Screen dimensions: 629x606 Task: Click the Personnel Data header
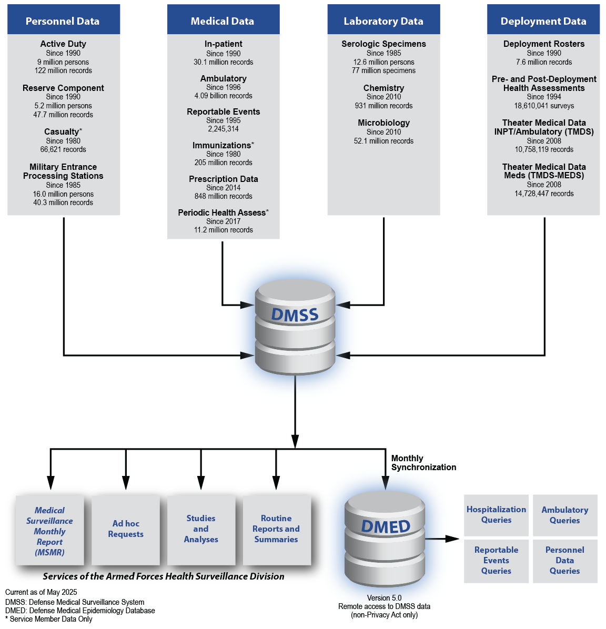pyautogui.click(x=63, y=21)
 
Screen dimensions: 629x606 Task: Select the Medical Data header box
pyautogui.click(x=223, y=21)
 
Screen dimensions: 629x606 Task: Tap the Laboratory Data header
pyautogui.click(x=383, y=21)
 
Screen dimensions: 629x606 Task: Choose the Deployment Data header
pyautogui.click(x=543, y=21)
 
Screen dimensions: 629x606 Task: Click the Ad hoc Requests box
pyautogui.click(x=126, y=529)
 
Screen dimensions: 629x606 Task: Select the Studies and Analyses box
pyautogui.click(x=201, y=529)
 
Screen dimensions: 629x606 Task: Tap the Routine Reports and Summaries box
pyautogui.click(x=276, y=529)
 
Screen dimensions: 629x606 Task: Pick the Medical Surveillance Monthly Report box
pyautogui.click(x=50, y=531)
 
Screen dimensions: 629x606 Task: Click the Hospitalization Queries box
pyautogui.click(x=496, y=515)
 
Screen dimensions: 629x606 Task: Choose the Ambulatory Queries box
pyautogui.click(x=565, y=515)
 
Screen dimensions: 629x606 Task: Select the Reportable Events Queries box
pyautogui.click(x=496, y=561)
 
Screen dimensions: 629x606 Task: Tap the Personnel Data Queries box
pyautogui.click(x=565, y=561)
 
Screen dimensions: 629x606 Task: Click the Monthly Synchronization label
pyautogui.click(x=423, y=463)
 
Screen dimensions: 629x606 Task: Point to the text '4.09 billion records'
pyautogui.click(x=224, y=96)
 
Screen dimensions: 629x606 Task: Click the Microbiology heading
pyautogui.click(x=384, y=123)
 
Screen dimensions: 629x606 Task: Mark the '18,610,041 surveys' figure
pyautogui.click(x=544, y=106)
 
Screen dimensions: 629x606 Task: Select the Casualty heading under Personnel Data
pyautogui.click(x=62, y=131)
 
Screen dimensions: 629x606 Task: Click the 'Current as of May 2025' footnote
pyautogui.click(x=41, y=592)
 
